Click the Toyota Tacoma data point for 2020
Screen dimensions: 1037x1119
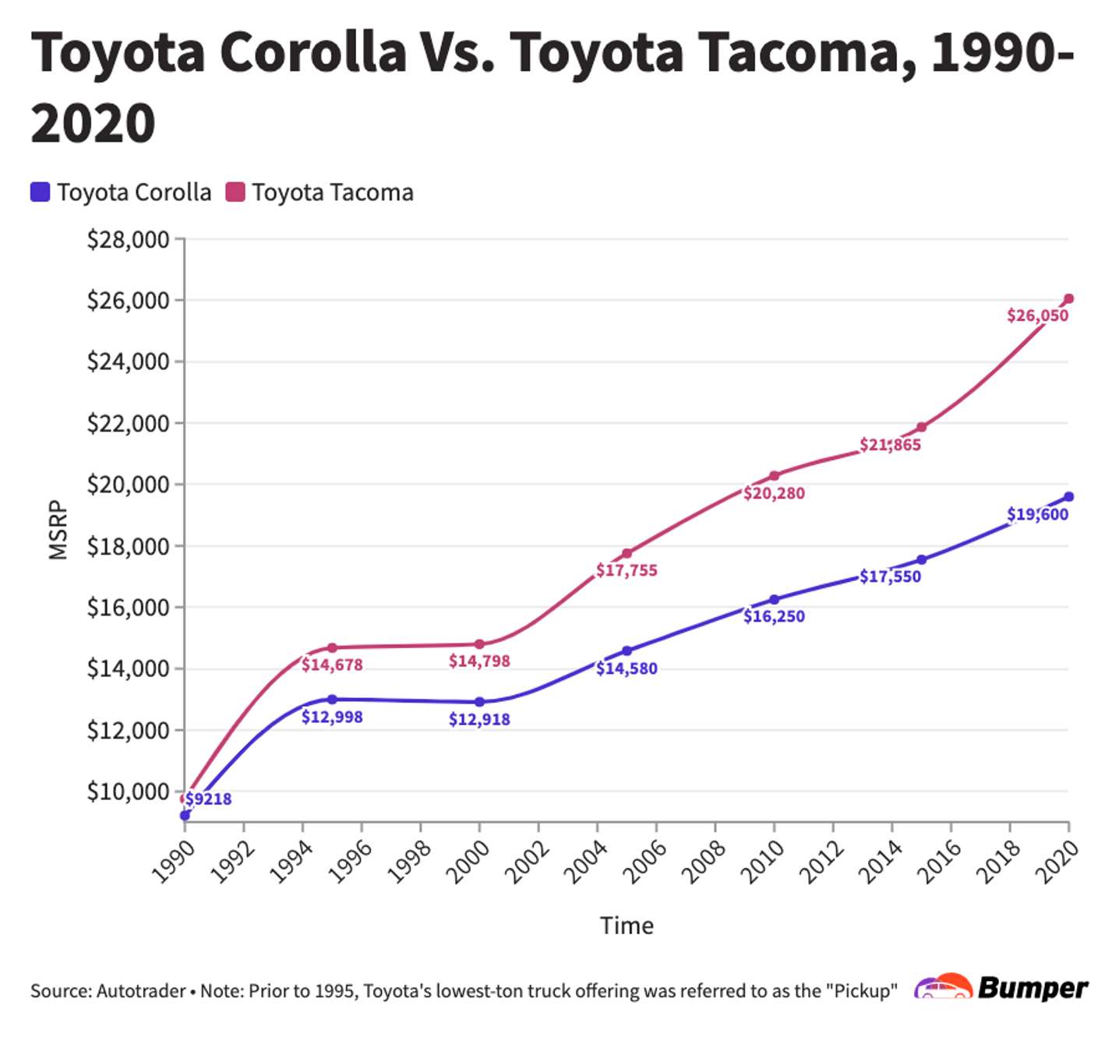tap(1068, 299)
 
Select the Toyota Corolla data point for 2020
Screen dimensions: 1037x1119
tap(1068, 497)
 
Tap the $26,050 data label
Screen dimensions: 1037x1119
tap(1037, 316)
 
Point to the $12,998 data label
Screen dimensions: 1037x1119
tap(332, 717)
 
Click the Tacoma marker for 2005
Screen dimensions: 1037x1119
tap(627, 554)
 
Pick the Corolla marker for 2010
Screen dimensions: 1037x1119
tap(774, 600)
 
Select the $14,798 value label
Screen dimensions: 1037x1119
tap(479, 661)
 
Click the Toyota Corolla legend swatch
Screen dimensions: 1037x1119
tap(41, 192)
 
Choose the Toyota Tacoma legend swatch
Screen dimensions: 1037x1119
tap(235, 192)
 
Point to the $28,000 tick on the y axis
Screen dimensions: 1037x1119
tap(128, 239)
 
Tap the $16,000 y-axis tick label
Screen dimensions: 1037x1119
tap(128, 607)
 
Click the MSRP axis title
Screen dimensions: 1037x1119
tap(58, 530)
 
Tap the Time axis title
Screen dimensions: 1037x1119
tap(627, 926)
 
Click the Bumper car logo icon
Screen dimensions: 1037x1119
tap(943, 987)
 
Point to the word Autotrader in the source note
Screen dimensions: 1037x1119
tap(141, 991)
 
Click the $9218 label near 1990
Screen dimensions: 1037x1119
tap(208, 799)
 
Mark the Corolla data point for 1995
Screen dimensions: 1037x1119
tap(332, 700)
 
